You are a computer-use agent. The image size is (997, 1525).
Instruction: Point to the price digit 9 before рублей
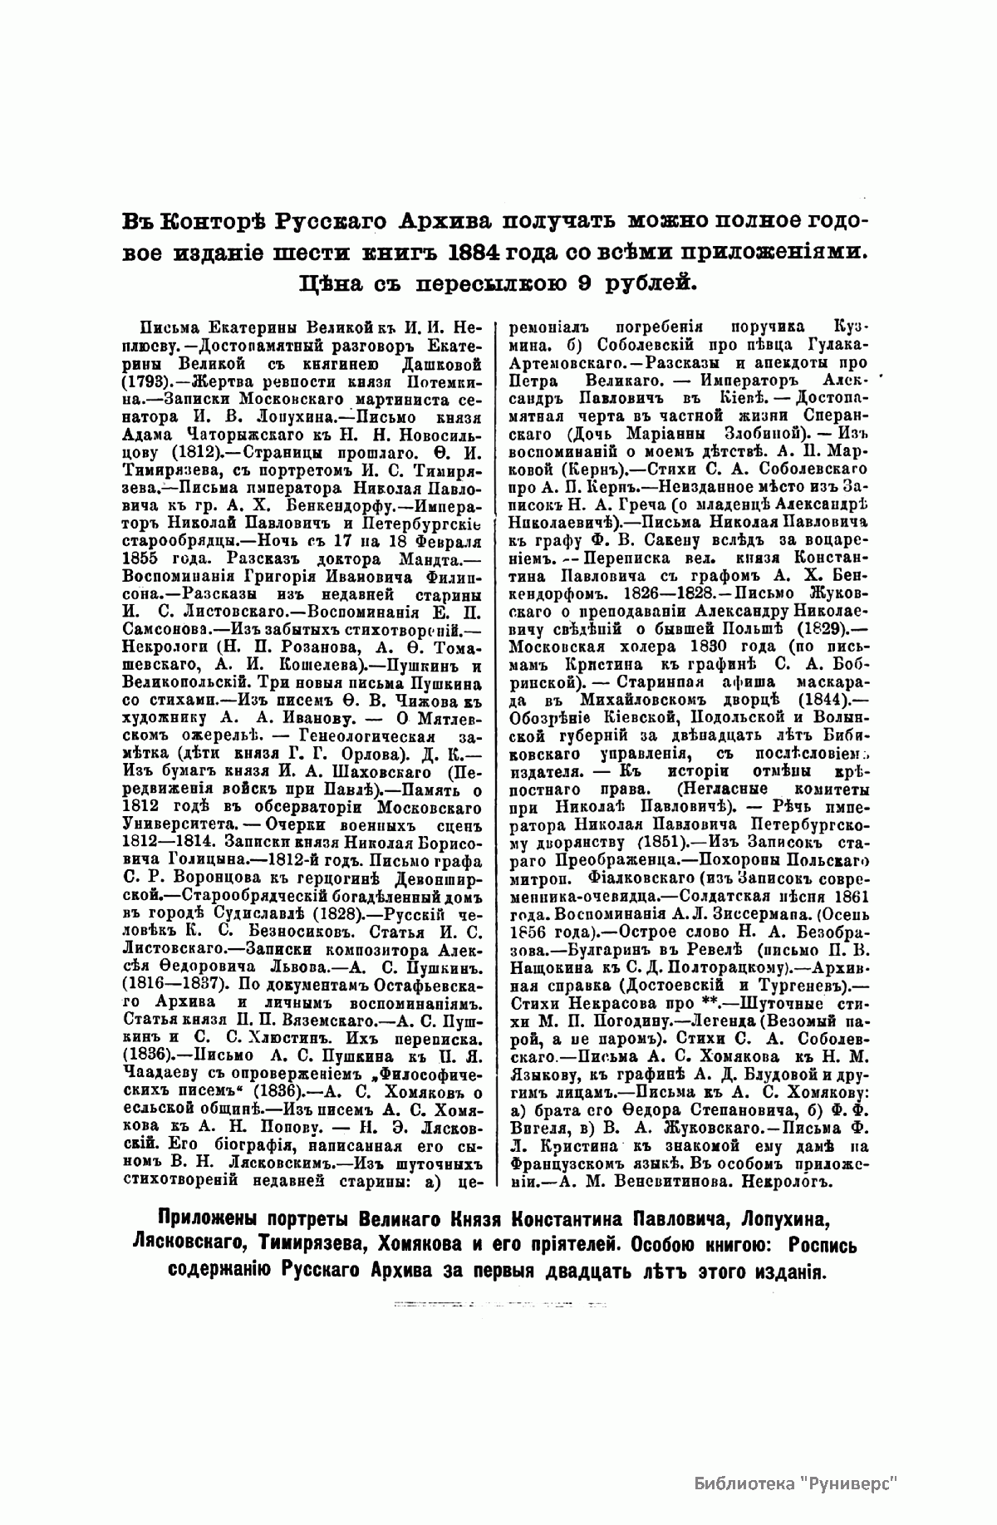coord(562,284)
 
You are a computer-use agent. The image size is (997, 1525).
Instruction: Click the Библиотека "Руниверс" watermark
coord(797,1483)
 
